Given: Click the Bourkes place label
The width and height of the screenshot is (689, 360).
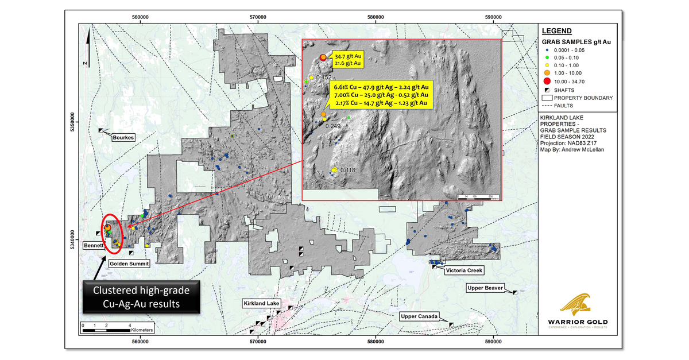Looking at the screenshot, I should click(x=123, y=138).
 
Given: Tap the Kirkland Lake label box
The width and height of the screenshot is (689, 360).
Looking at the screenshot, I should click(x=261, y=303).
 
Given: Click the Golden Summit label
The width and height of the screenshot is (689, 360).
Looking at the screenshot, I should click(x=130, y=264).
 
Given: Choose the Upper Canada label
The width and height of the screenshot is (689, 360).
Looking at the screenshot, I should click(x=420, y=316).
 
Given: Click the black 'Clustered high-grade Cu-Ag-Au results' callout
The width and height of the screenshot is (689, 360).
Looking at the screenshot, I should click(x=142, y=296).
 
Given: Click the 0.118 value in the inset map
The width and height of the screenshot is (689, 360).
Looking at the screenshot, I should click(x=349, y=170).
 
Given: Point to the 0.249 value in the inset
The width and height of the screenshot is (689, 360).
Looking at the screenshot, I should click(x=333, y=125).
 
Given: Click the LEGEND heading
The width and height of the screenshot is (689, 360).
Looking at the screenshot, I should click(x=556, y=31).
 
